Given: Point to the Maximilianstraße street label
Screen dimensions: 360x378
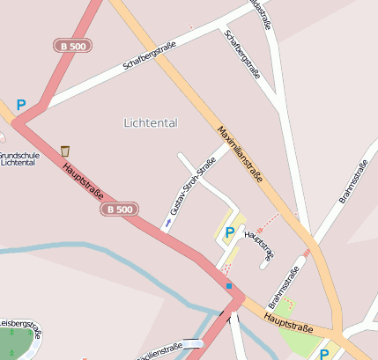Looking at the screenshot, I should (x=240, y=153).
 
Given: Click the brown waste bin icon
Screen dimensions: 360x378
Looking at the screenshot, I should (x=65, y=151).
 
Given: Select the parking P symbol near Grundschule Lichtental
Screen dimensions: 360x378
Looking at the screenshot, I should (x=20, y=105).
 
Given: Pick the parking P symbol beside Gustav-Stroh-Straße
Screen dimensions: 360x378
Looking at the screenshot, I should (x=230, y=232).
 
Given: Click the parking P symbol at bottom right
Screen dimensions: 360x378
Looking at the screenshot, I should (x=324, y=354).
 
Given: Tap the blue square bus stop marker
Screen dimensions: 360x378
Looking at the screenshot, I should (x=229, y=285).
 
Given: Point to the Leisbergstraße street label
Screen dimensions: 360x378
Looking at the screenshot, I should (x=18, y=322).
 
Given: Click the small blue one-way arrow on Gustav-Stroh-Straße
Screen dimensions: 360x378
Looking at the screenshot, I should (x=167, y=224).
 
